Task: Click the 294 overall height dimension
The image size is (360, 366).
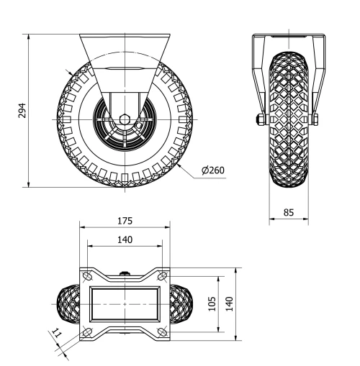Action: click(x=22, y=110)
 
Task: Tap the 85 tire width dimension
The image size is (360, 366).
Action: click(x=288, y=212)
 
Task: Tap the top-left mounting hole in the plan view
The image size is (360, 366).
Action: click(x=87, y=276)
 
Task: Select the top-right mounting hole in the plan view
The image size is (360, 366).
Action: click(x=163, y=276)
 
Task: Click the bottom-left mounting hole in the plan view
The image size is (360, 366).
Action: click(x=87, y=332)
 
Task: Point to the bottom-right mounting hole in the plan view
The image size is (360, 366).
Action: click(x=163, y=332)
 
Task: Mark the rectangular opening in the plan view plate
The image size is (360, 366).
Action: click(x=125, y=304)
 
